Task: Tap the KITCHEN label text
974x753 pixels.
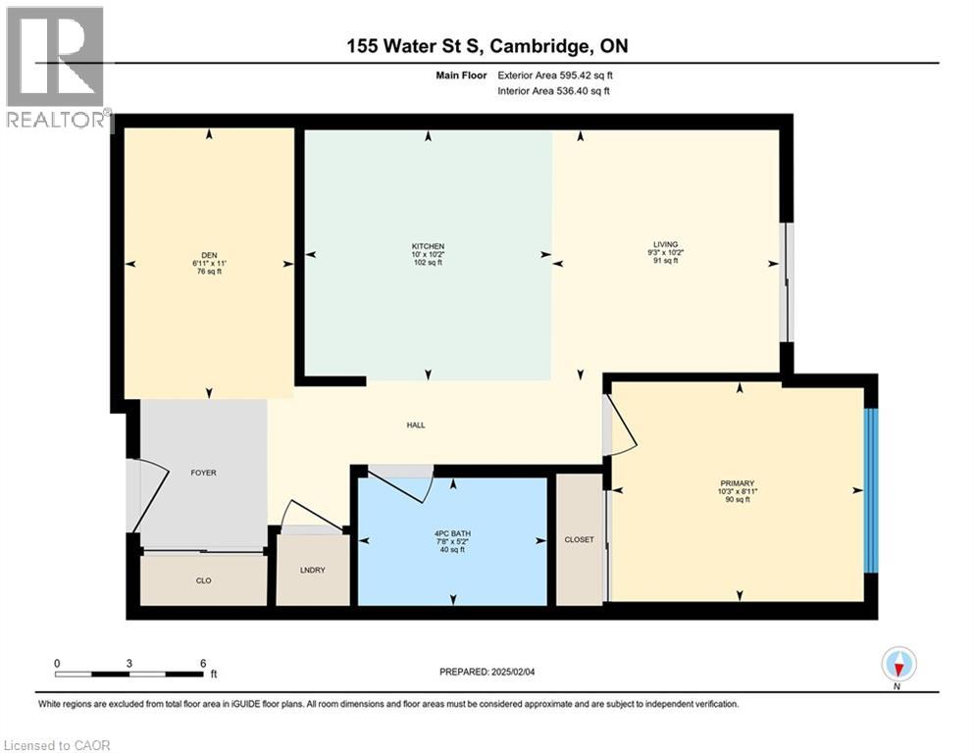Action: coord(428,246)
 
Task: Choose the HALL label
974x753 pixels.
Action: coord(416,425)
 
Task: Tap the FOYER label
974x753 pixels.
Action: coord(203,473)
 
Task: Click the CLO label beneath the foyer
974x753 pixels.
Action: coord(203,580)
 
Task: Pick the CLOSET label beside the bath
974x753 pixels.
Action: coord(579,539)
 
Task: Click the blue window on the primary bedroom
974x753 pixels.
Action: coord(870,490)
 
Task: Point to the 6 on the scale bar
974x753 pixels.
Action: coord(202,663)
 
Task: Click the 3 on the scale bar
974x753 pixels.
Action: coord(129,663)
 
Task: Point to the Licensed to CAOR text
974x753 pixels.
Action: coord(57,745)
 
